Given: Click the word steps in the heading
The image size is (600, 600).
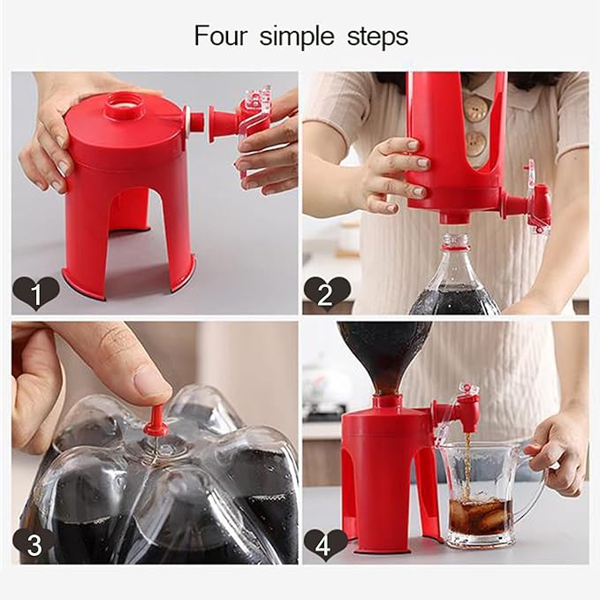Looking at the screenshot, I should click(376, 37).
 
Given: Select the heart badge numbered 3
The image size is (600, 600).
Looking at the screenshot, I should click(35, 542).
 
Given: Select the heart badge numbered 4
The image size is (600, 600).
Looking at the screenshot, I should click(326, 542).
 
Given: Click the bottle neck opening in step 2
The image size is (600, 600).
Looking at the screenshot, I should click(453, 241).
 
